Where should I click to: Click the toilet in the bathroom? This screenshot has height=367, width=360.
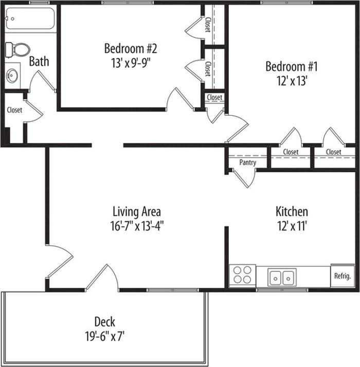point(17,50)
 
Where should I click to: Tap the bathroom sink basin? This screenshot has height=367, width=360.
point(12,76)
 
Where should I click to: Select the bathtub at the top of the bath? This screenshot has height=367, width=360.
point(30,19)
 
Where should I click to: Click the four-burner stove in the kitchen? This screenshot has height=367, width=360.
point(242,275)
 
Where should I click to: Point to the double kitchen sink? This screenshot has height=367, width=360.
point(282,277)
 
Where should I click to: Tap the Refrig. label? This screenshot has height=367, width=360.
point(343,276)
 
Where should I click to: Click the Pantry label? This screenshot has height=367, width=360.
point(247,162)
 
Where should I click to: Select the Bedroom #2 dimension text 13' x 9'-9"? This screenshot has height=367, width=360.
point(131,63)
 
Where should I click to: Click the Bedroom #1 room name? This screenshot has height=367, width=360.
point(292,66)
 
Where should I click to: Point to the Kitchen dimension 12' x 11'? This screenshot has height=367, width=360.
point(292,226)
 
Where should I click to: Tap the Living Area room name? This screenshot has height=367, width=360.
point(137,212)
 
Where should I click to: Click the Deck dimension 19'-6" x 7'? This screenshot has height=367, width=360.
point(104,337)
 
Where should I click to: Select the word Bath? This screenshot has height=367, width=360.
point(39,61)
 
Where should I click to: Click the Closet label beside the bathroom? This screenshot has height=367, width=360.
point(14,110)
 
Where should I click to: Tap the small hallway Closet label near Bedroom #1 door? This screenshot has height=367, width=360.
point(214,97)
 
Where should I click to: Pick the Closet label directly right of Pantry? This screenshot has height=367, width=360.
point(291,152)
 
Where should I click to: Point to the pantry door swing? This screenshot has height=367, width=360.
point(244,177)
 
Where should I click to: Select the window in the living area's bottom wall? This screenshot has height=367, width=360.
point(173,290)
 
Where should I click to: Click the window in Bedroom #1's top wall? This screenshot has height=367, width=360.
point(287,3)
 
